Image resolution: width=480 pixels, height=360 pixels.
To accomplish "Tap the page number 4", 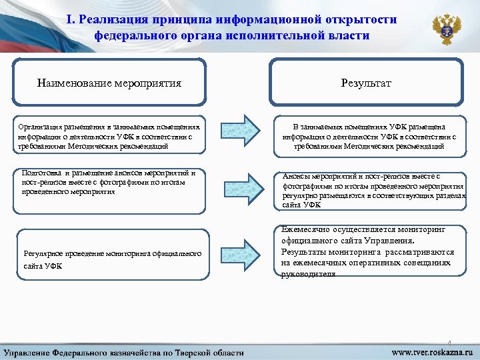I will point(450,339).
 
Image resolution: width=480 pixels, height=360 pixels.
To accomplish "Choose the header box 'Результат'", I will point(366,83).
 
